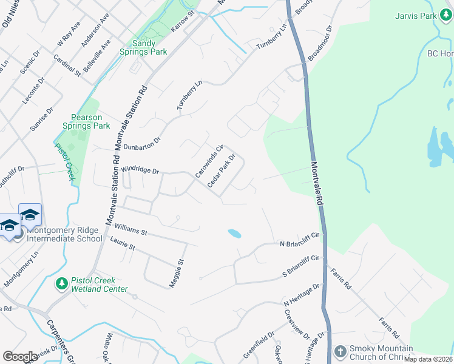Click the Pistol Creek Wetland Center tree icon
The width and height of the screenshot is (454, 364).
tap(61, 283)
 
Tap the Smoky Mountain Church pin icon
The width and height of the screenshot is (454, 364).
tap(341, 352)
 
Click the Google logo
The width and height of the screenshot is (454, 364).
tap(20, 357)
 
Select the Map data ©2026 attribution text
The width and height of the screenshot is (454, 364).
tap(429, 360)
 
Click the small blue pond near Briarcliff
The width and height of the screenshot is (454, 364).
tap(234, 233)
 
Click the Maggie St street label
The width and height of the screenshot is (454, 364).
tap(180, 272)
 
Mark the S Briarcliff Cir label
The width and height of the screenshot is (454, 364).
tap(301, 265)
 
